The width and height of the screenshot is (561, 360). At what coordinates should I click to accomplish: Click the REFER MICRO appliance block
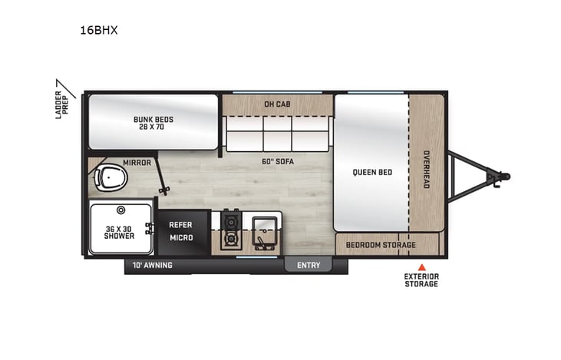coord(181,231)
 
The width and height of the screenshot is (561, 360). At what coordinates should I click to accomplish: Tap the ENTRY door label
coord(309,265)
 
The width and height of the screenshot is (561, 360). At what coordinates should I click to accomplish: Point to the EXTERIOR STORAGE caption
coord(421,280)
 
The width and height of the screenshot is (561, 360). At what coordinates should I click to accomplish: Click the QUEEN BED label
coord(372,172)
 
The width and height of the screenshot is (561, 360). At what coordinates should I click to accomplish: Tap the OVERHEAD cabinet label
coord(427,169)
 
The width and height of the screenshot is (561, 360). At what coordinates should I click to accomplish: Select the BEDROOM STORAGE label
coord(381,245)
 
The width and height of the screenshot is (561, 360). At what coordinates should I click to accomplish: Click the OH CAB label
coord(276,104)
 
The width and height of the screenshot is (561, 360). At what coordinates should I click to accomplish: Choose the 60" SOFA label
coord(278,161)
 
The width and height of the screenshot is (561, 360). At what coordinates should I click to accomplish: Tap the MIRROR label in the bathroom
coord(137,163)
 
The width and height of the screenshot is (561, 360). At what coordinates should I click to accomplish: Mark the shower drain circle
coord(120,210)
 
